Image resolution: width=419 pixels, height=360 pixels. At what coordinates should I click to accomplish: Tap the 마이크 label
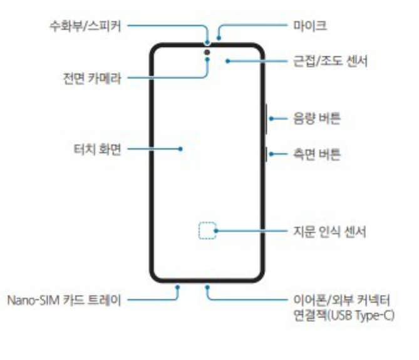308,26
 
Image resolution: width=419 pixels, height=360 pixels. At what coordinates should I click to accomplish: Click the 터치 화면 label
99,149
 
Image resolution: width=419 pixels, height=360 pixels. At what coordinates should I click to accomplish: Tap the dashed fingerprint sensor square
206,231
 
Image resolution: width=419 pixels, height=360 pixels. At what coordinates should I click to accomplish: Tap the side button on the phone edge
267,153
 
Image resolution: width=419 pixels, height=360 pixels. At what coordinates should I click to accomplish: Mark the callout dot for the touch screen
180,149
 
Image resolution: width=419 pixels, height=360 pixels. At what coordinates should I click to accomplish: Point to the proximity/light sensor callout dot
228,61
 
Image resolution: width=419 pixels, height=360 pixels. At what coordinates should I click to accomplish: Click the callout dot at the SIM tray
178,286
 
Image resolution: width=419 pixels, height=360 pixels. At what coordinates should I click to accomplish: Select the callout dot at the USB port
207,286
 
